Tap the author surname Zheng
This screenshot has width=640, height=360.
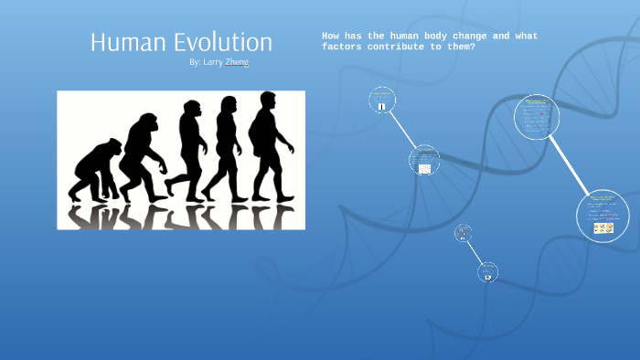pyautogui.click(x=236, y=62)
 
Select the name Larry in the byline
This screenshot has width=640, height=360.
pyautogui.click(x=212, y=62)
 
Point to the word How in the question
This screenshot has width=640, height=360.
pyautogui.click(x=331, y=36)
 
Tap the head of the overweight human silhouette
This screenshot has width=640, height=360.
pyautogui.click(x=267, y=100)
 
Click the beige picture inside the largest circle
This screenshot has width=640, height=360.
pyautogui.click(x=603, y=228)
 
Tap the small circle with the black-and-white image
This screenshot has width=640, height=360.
pyautogui.click(x=382, y=100)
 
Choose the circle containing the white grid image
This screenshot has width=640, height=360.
pyautogui.click(x=424, y=161)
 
